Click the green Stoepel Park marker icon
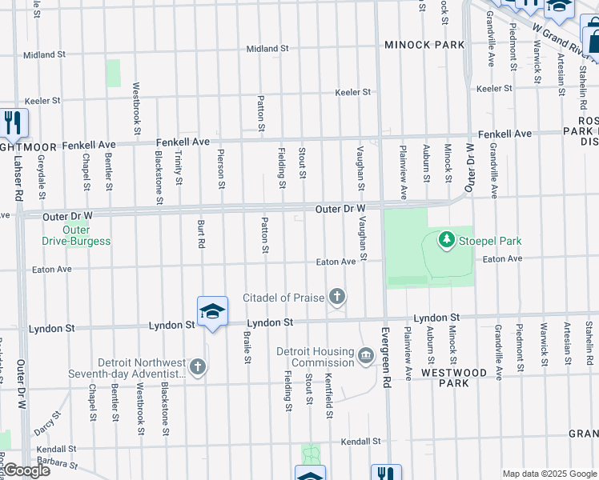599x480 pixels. click(x=446, y=239)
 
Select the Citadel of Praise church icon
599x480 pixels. click(x=337, y=298)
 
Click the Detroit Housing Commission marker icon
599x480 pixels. click(x=365, y=355)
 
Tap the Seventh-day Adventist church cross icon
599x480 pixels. click(x=198, y=367)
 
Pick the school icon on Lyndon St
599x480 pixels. click(x=212, y=311)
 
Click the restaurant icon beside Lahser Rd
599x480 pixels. click(x=13, y=122)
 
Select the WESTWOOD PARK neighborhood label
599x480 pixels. click(x=465, y=378)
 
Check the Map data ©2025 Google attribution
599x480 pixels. click(x=549, y=474)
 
